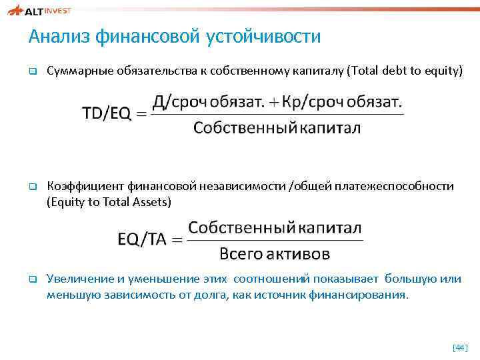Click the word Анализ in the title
click(59, 37)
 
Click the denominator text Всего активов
click(275, 254)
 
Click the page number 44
click(460, 347)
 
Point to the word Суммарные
click(73, 71)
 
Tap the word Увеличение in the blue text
click(74, 279)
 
